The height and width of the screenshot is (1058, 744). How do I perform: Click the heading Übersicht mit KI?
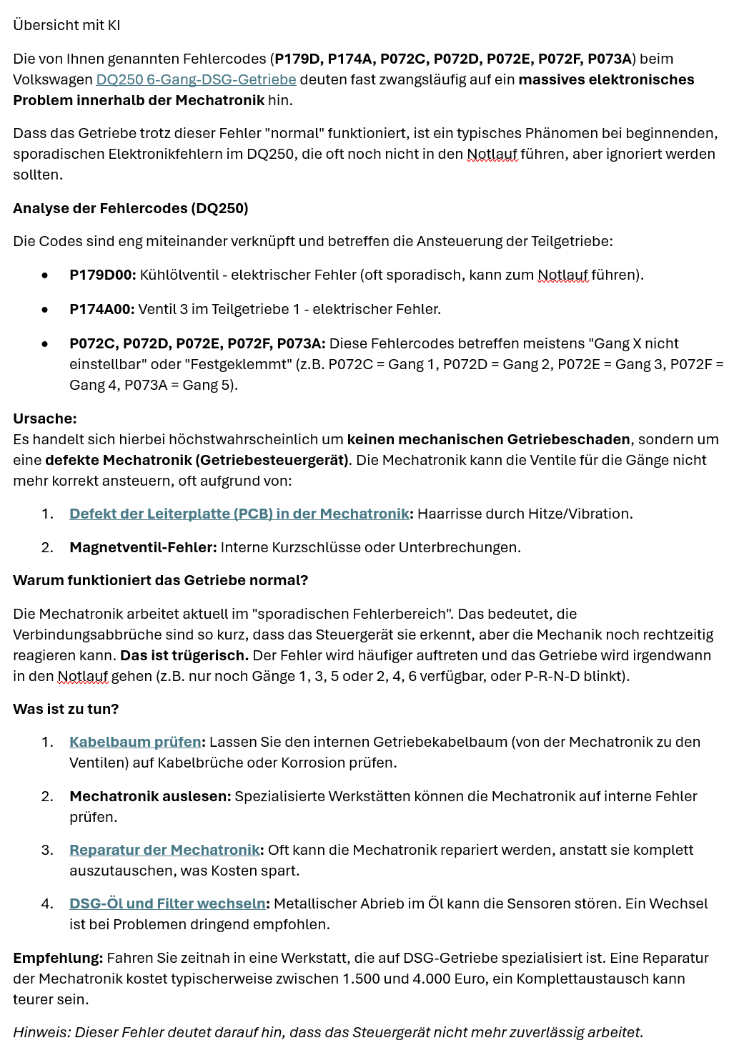pos(66,25)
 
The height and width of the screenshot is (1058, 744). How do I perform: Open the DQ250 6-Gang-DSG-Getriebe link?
pos(196,79)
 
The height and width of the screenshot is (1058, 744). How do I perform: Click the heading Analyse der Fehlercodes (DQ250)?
pos(130,208)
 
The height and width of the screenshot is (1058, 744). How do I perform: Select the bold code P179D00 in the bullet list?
pos(102,275)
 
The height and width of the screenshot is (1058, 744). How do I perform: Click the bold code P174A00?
pos(101,309)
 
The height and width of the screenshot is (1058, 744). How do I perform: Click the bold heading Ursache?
pos(44,418)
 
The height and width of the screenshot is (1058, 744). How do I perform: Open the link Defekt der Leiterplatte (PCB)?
pos(239,514)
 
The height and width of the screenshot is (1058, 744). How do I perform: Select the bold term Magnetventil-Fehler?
pos(142,547)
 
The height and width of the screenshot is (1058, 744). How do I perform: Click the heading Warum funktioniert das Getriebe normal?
pos(160,580)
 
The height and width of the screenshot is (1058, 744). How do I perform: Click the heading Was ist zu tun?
pos(66,709)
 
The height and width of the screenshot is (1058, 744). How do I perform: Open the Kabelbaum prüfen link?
pos(135,742)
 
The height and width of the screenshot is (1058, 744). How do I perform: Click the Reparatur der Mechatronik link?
pos(164,850)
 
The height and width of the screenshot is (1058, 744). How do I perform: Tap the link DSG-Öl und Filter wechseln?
pos(167,903)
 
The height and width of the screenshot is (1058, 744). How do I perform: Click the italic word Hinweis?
pos(41,1032)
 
